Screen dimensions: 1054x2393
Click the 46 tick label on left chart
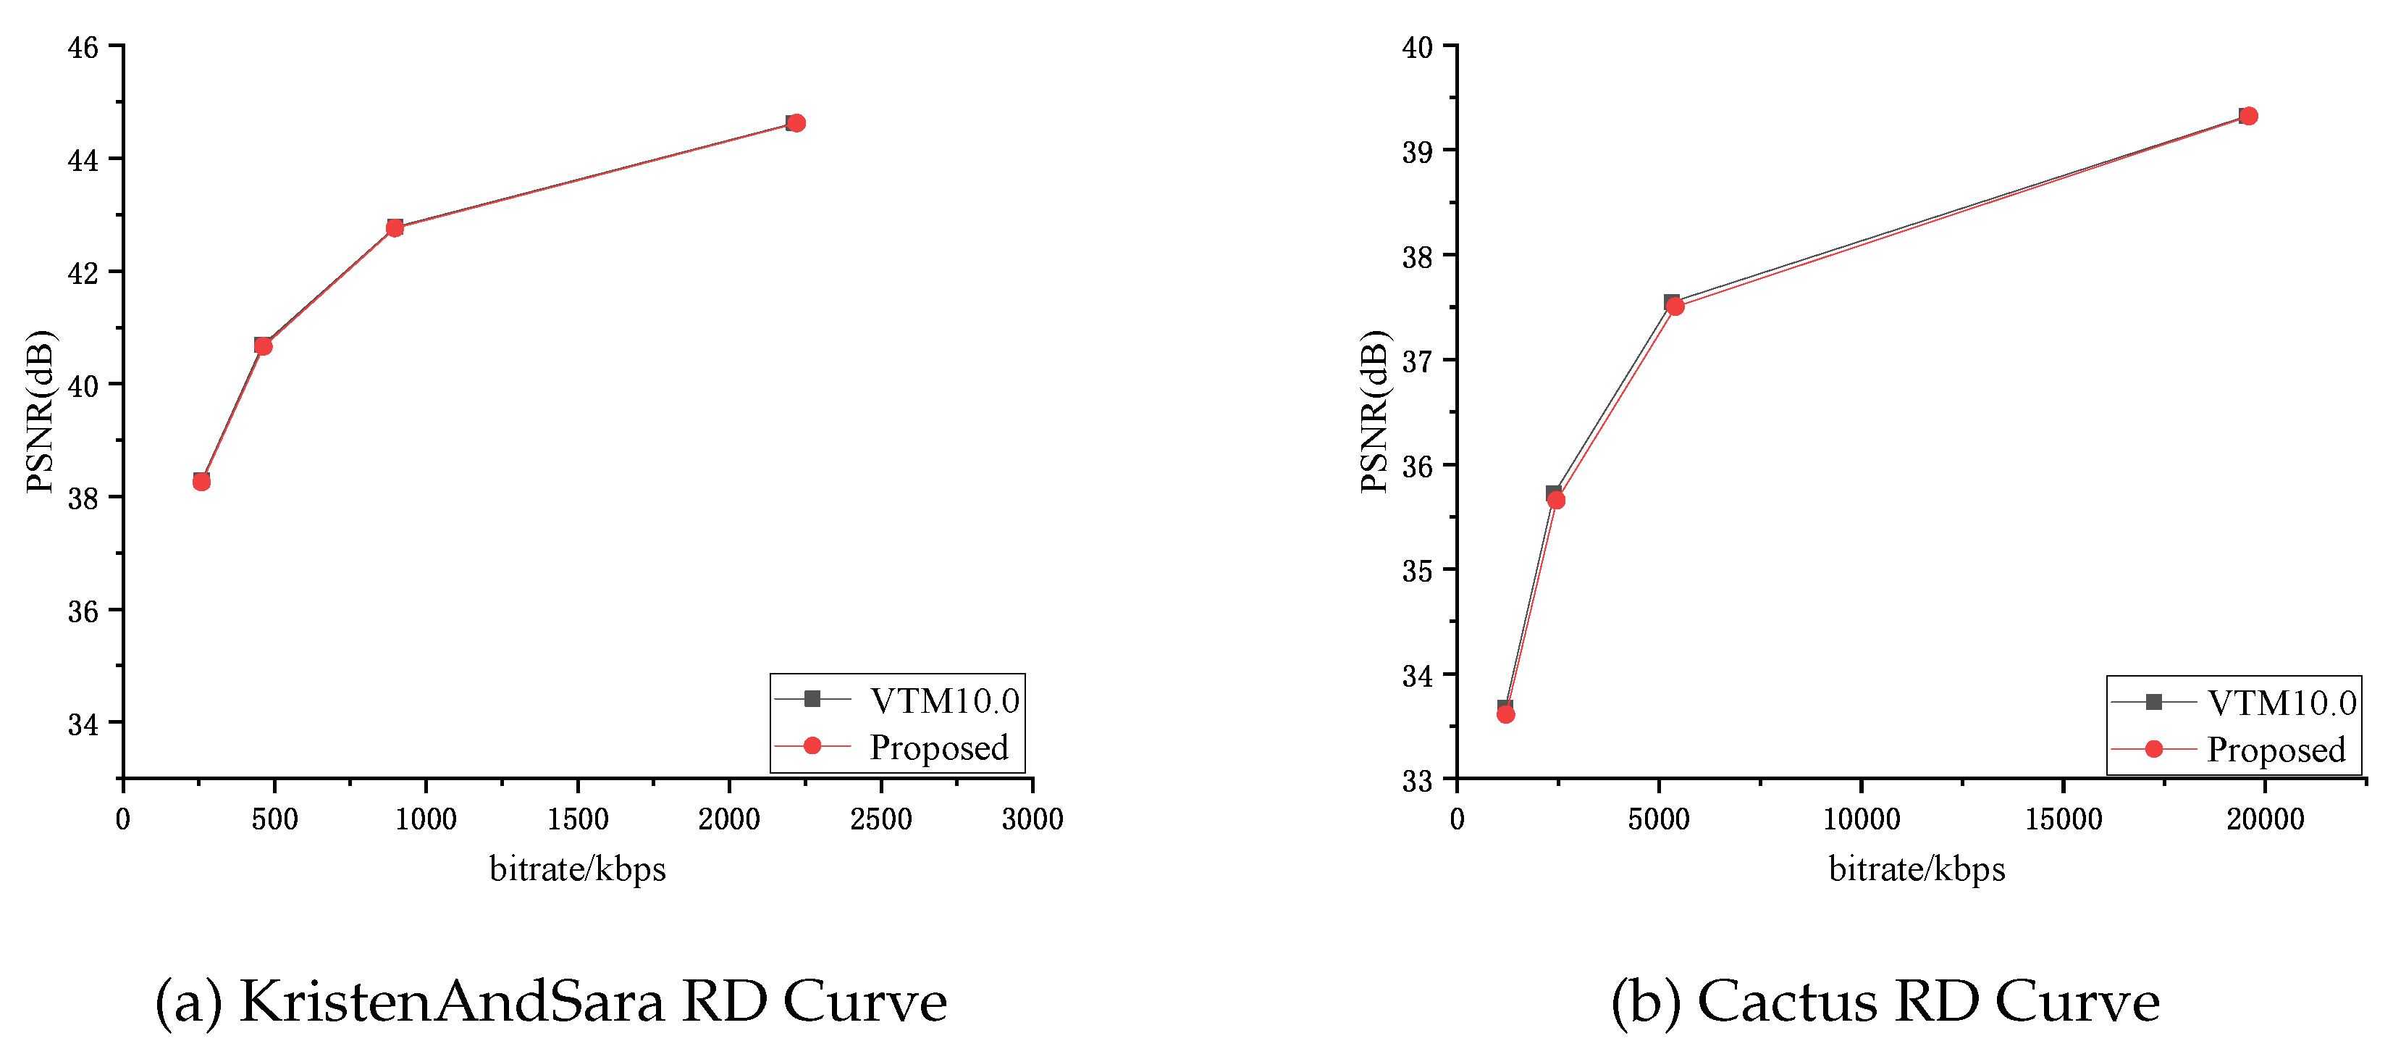tap(83, 47)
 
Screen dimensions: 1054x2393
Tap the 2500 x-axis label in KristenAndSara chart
tap(880, 819)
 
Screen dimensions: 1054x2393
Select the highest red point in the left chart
tap(795, 122)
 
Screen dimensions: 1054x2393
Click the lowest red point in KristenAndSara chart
tap(201, 482)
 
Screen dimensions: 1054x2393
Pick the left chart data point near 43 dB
tap(395, 227)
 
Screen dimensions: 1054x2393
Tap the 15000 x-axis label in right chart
tap(2064, 819)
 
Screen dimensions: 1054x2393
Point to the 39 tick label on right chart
tap(1417, 151)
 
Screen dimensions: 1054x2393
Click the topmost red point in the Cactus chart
tap(2248, 116)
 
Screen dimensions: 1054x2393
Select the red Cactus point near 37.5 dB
tap(1675, 306)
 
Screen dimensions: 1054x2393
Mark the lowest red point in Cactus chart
tap(1506, 714)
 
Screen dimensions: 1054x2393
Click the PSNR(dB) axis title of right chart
tap(1374, 411)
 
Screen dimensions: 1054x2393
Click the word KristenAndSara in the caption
tap(452, 1002)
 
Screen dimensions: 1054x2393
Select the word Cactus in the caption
tap(1786, 1002)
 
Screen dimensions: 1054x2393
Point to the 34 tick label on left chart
tap(83, 724)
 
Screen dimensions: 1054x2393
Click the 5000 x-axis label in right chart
tap(1658, 819)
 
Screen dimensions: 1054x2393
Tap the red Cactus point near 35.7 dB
tap(1556, 500)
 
